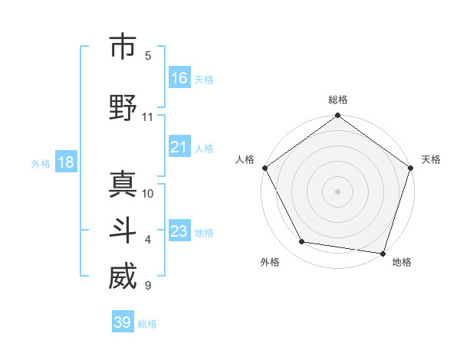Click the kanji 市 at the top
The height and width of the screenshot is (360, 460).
tap(123, 47)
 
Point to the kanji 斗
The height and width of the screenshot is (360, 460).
tap(123, 231)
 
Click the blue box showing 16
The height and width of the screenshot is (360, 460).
tap(179, 78)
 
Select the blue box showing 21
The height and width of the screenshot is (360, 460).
tap(179, 148)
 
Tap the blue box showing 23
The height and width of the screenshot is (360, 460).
tap(179, 231)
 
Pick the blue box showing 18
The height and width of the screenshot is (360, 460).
tap(66, 162)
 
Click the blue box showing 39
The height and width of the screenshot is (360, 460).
tap(123, 322)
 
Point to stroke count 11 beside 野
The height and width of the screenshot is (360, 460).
tap(148, 117)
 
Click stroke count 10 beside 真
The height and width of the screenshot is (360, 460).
tap(148, 193)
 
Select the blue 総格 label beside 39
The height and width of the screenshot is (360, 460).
tap(148, 324)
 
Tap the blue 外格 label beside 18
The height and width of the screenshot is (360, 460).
tap(41, 163)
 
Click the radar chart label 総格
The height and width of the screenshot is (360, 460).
tap(338, 100)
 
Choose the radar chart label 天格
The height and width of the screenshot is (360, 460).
tap(432, 159)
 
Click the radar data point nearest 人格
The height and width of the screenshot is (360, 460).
tap(264, 168)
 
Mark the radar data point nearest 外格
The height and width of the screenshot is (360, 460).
tap(301, 242)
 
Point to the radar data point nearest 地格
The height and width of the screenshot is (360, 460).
tap(383, 252)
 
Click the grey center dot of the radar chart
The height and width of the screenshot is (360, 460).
tap(338, 191)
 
